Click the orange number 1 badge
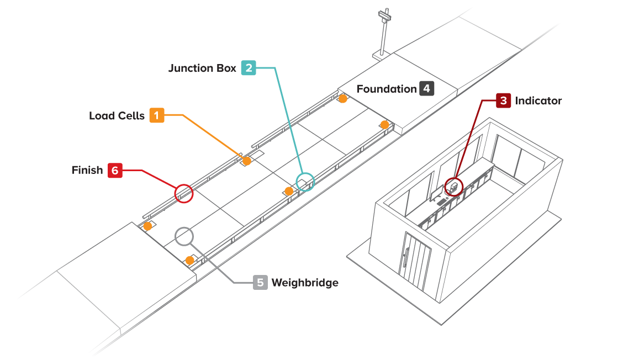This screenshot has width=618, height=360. [157, 115]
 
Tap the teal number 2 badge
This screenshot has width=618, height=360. [249, 68]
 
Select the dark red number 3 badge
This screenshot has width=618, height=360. [503, 100]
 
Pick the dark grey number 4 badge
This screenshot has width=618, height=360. [426, 88]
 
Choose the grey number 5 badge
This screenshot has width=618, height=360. [261, 283]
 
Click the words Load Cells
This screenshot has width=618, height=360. [117, 115]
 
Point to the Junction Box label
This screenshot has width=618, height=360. [202, 68]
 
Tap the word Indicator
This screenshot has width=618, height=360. [538, 100]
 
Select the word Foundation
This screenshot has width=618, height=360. [386, 88]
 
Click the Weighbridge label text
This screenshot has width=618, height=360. [304, 283]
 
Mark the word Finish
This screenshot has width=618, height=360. [87, 170]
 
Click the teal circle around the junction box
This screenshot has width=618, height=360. [305, 182]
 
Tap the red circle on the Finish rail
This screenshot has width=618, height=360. [184, 193]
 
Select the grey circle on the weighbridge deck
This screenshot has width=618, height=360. [184, 236]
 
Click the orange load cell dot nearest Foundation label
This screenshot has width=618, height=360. [343, 99]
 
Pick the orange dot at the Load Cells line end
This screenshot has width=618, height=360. [247, 161]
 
